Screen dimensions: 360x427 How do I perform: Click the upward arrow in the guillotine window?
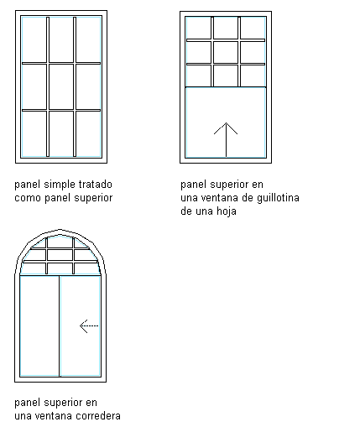point(226,140)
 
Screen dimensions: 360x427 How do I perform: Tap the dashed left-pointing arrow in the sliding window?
point(89,326)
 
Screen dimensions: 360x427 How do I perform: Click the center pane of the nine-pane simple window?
point(61,86)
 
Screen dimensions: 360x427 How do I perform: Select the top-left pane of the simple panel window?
point(34,39)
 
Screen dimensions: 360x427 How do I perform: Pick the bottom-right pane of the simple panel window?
point(88,133)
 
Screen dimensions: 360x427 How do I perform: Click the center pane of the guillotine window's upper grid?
point(226,53)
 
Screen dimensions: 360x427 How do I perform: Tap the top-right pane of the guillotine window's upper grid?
point(253,28)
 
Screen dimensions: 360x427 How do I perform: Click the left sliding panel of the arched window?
point(39,326)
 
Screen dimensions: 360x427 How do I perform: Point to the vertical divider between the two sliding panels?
point(60,326)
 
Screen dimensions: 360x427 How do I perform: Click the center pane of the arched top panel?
point(60,255)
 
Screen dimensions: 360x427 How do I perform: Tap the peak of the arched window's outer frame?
point(60,230)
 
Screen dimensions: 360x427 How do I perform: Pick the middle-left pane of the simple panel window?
point(34,86)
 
